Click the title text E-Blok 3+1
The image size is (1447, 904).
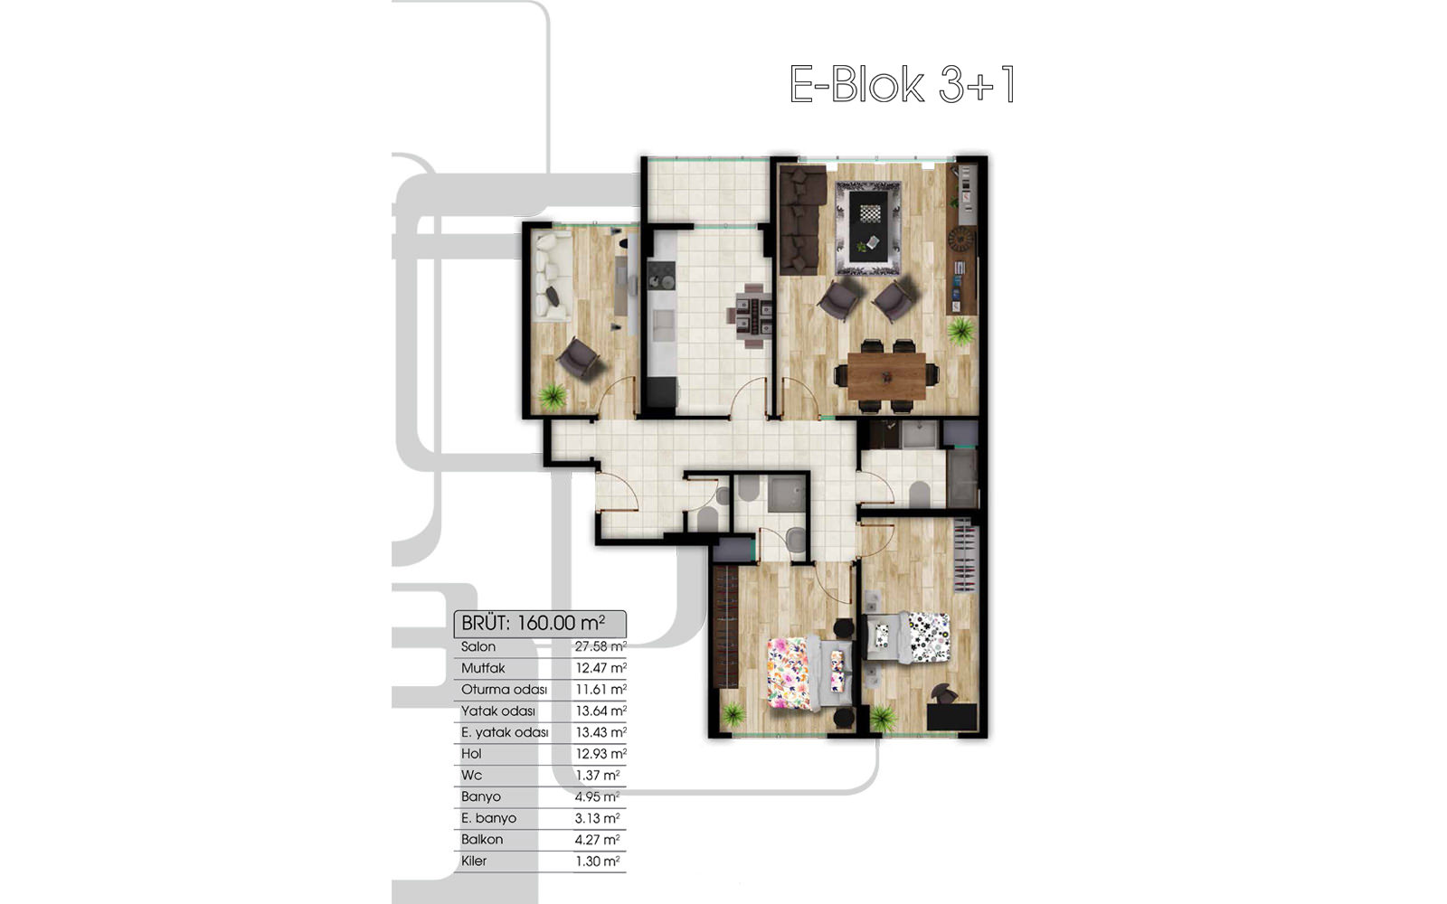[x=902, y=84]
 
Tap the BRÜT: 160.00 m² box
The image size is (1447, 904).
[x=540, y=623]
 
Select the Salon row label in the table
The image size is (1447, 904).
[x=478, y=646]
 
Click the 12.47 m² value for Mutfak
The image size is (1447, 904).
[x=601, y=668]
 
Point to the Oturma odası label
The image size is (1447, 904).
[x=504, y=690]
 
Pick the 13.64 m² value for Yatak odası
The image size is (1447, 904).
[x=601, y=711]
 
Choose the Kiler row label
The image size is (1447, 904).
[x=474, y=861]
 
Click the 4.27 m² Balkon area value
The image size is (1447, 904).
[x=598, y=840]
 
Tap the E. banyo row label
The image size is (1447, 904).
[x=489, y=818]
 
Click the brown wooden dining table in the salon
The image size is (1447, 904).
[x=886, y=376]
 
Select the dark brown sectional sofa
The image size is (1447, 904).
[x=802, y=220]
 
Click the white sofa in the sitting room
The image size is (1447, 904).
[x=553, y=278]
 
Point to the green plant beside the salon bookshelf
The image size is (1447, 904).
[x=961, y=331]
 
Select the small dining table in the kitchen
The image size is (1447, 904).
[x=751, y=315]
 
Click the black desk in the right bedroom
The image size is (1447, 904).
[x=951, y=717]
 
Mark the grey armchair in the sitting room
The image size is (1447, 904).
[x=580, y=358]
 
